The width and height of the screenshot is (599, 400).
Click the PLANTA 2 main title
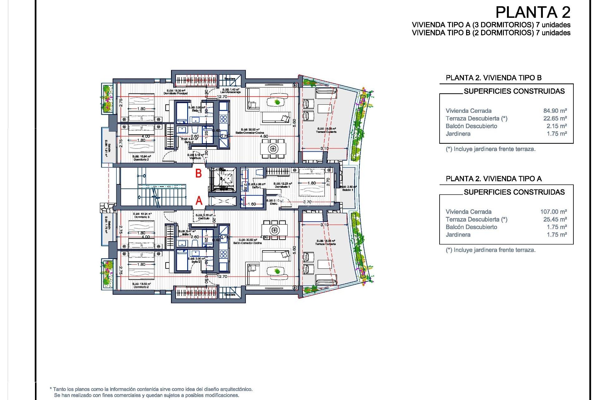[533, 12]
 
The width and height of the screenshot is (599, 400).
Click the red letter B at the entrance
[198, 173]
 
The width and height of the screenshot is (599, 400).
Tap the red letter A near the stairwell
[199, 201]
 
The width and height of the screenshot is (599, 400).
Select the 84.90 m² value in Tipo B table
[555, 111]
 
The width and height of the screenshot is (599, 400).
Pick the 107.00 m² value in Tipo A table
[553, 212]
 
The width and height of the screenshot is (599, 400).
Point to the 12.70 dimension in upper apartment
[222, 97]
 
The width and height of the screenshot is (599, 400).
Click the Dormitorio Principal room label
[175, 93]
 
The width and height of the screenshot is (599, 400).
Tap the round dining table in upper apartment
[273, 148]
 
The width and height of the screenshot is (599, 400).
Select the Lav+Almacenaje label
[230, 92]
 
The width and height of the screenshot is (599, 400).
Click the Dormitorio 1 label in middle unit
[282, 187]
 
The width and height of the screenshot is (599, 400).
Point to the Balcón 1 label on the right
[348, 190]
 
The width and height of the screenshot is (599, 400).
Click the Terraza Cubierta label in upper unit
[326, 132]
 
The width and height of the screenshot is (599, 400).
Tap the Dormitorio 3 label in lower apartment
[142, 217]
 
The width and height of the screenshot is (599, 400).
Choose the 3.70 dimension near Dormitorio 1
[307, 202]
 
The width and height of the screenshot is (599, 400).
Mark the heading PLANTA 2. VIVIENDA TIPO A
[494, 179]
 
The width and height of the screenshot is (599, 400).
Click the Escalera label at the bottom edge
[230, 295]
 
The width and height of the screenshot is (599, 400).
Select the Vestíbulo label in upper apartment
[195, 158]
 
